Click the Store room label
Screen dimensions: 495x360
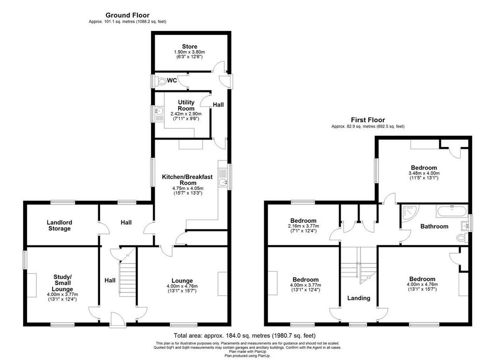tap(189, 46)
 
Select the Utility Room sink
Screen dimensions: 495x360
tap(159, 111)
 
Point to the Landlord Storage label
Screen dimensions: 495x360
tap(59, 225)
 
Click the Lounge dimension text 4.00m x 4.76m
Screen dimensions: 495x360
tap(182, 286)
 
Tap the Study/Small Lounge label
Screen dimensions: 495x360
tap(62, 283)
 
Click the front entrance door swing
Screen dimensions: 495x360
tap(118, 319)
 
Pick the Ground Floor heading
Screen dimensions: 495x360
tap(128, 15)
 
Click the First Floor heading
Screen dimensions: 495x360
tap(368, 120)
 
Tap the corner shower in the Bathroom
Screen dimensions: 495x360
tap(410, 212)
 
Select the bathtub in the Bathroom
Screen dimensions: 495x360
tap(452, 211)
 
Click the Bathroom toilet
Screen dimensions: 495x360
tap(462, 238)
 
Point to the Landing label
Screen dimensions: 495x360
tap(359, 298)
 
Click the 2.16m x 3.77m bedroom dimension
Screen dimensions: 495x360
tap(304, 226)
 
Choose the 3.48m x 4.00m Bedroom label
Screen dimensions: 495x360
tap(424, 168)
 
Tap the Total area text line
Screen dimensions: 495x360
tap(245, 335)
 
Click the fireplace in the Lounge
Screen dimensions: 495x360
tap(222, 284)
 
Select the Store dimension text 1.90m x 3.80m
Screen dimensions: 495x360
tap(189, 52)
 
